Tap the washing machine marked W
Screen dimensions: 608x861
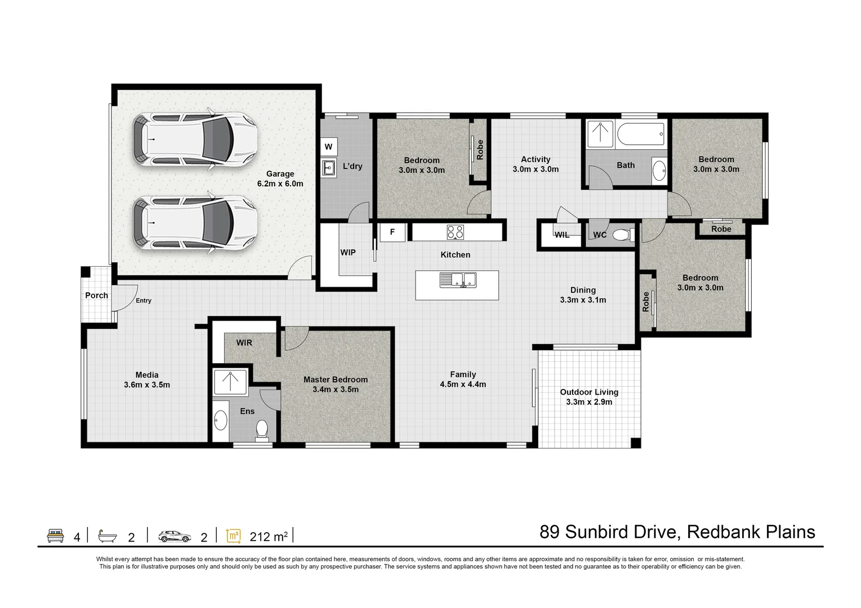(328, 147)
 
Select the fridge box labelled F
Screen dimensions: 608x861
(392, 233)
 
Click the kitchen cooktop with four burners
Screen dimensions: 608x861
(455, 232)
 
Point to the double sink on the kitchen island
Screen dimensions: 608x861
(458, 279)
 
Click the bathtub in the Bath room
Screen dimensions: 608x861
(641, 136)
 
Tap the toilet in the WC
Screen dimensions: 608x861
(621, 234)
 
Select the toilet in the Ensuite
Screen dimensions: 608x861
(262, 430)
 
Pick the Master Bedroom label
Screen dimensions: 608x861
(335, 380)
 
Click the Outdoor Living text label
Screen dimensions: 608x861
(589, 392)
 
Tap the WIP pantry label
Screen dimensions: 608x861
(348, 253)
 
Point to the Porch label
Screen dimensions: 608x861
(96, 296)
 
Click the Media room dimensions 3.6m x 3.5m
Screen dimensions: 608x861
(147, 385)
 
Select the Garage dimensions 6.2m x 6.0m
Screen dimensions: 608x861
(280, 184)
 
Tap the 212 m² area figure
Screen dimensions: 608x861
(269, 537)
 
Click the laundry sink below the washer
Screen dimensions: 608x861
(328, 167)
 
